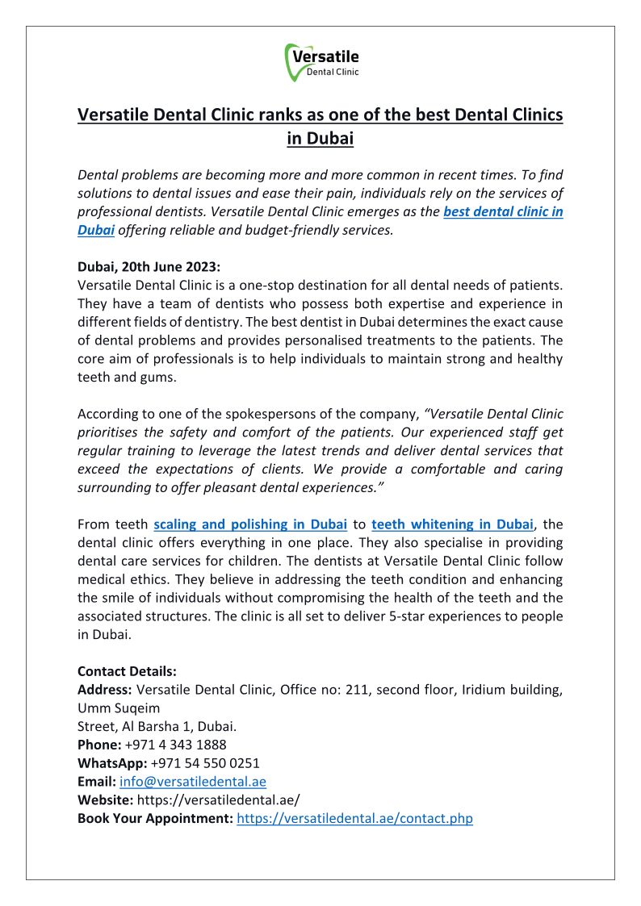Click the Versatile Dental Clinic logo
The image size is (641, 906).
pyautogui.click(x=321, y=62)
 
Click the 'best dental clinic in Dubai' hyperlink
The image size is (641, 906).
pyautogui.click(x=503, y=212)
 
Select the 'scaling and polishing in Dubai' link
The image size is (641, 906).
pyautogui.click(x=250, y=524)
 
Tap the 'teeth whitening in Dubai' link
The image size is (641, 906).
pyautogui.click(x=452, y=524)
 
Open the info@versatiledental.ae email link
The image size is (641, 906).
pyautogui.click(x=193, y=782)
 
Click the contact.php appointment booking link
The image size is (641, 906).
pyautogui.click(x=354, y=818)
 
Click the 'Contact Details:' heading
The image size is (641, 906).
pyautogui.click(x=127, y=671)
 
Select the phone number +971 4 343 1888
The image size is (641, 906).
pyautogui.click(x=176, y=745)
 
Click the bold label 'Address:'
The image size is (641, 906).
pyautogui.click(x=105, y=690)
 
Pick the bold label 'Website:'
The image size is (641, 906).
pyautogui.click(x=105, y=800)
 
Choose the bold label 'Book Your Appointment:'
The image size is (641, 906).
pyautogui.click(x=155, y=818)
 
